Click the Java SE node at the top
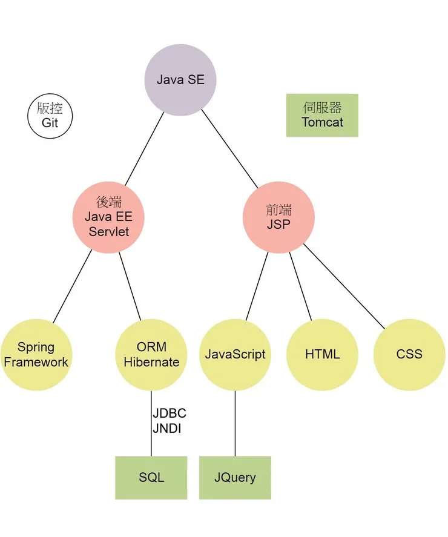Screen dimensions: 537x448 tap(180, 80)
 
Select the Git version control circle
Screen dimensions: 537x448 tap(50, 116)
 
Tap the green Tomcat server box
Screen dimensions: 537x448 tap(322, 115)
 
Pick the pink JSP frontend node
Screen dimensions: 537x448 tap(278, 217)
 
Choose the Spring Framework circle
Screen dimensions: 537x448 tap(36, 355)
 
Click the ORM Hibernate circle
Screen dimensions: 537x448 tap(151, 355)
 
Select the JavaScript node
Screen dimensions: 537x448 tap(235, 355)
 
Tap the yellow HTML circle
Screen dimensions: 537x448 tap(322, 355)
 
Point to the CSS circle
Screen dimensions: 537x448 tap(409, 355)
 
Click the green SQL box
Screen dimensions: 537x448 tap(151, 477)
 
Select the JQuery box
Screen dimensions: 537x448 tap(235, 477)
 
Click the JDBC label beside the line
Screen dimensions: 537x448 tap(170, 414)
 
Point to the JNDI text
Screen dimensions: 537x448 tap(167, 429)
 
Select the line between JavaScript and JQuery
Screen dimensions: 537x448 tap(235, 424)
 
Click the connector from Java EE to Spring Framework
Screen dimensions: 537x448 tap(73, 286)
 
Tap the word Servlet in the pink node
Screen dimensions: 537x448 tap(109, 231)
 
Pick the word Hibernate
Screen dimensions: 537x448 tap(151, 363)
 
